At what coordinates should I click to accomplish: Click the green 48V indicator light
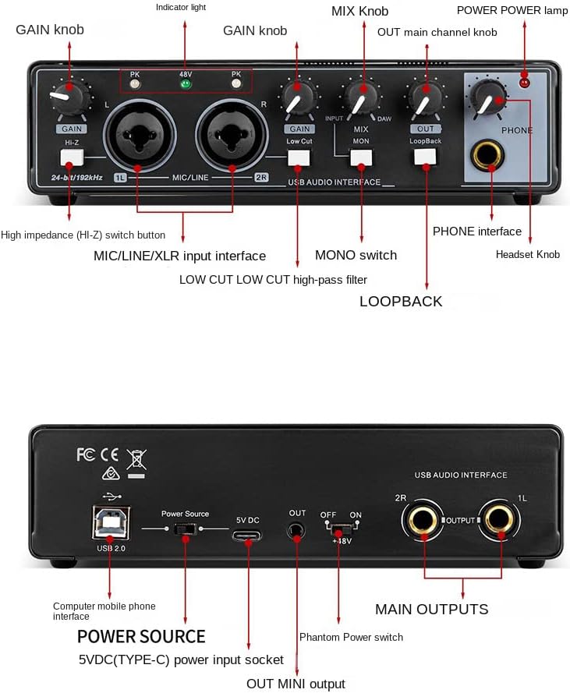click(x=186, y=83)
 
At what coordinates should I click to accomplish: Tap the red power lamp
click(x=524, y=81)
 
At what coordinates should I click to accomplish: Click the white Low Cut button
click(x=299, y=157)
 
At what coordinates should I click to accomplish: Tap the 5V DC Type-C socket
click(x=247, y=534)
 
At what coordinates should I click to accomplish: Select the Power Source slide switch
click(x=185, y=529)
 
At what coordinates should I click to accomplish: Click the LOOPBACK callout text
click(x=401, y=302)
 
